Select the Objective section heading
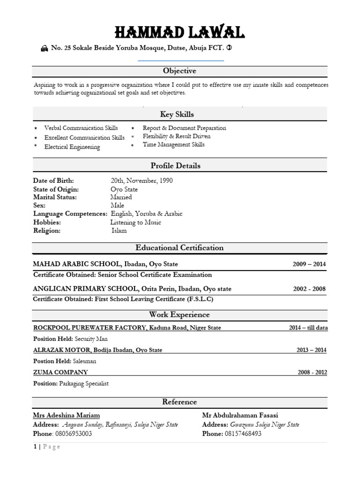(180, 71)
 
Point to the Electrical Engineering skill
(72, 147)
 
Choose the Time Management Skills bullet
(173, 145)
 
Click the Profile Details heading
(175, 165)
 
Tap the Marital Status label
(55, 197)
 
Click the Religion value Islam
(119, 231)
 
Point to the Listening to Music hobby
(135, 222)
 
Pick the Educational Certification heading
(180, 247)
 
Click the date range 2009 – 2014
(309, 264)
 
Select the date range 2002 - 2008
(309, 289)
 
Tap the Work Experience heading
(180, 315)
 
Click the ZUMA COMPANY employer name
(60, 372)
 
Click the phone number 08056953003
(74, 434)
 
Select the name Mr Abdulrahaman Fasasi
(240, 415)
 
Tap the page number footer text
(47, 447)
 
